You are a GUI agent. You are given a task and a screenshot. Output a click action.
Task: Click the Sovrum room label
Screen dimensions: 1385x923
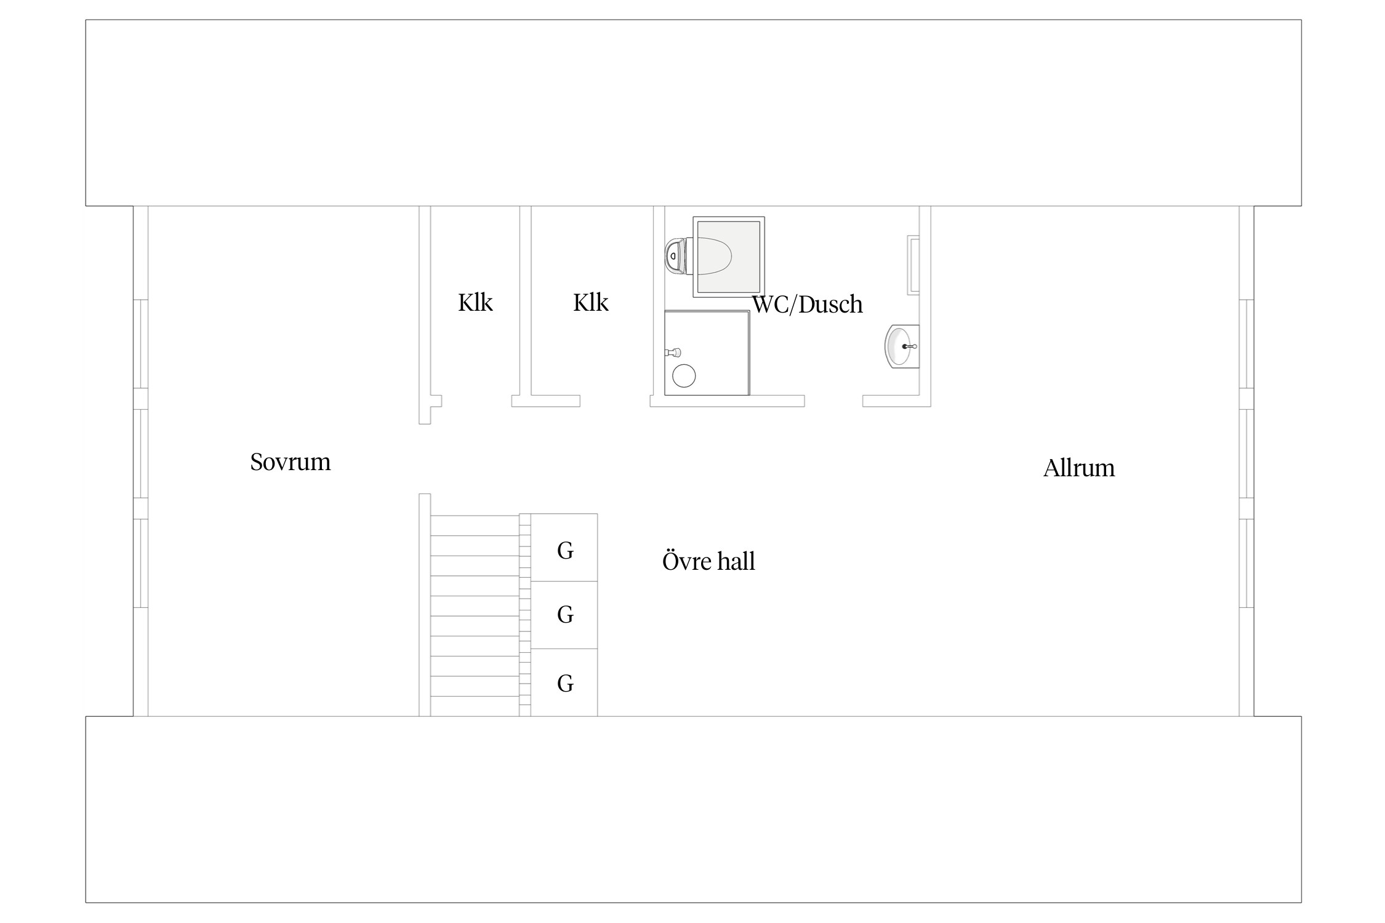click(x=290, y=462)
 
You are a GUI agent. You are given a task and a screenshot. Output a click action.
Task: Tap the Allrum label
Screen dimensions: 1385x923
click(x=1078, y=468)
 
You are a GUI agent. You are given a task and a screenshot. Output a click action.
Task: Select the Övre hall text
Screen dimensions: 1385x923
click(x=709, y=561)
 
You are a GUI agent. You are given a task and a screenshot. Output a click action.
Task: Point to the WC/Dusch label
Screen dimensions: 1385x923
click(x=807, y=305)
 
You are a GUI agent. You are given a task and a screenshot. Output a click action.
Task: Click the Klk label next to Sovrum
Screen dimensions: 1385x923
click(x=475, y=303)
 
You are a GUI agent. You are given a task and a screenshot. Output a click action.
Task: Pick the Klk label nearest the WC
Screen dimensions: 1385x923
click(x=591, y=303)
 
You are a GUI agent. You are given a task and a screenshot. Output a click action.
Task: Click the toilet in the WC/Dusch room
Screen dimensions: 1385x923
click(x=698, y=256)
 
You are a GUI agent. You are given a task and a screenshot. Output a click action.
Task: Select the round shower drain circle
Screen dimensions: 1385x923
click(x=684, y=375)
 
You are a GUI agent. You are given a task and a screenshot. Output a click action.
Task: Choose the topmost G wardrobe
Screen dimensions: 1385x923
click(x=564, y=548)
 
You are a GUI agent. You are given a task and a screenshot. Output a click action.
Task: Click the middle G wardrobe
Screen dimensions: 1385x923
click(x=564, y=615)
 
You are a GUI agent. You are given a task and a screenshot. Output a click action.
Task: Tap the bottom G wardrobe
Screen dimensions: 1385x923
click(x=564, y=682)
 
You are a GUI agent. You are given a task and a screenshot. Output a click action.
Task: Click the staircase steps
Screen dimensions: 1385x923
click(x=475, y=615)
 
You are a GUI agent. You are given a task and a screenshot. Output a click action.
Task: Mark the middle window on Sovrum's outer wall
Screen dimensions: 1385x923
click(x=141, y=454)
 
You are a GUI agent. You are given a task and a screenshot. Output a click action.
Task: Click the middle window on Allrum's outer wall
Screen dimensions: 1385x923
click(x=1246, y=454)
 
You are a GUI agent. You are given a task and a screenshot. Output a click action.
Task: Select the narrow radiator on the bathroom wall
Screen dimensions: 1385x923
click(x=913, y=265)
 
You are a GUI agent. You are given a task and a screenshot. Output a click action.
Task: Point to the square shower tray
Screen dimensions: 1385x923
click(x=707, y=353)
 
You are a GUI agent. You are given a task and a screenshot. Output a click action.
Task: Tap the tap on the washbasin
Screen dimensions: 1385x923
click(x=910, y=346)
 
